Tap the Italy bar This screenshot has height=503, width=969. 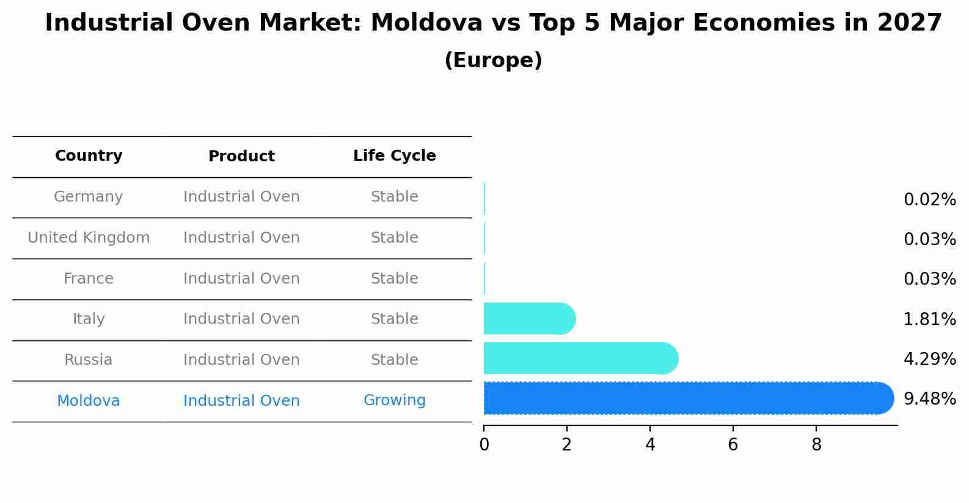point(529,318)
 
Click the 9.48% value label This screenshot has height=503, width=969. point(929,399)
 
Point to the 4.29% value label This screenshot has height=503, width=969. point(929,359)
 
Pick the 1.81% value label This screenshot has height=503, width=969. point(929,319)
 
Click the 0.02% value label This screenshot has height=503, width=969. point(929,200)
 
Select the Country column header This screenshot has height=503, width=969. point(89,156)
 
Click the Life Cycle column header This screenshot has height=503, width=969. point(394,156)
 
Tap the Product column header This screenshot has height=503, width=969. point(241,156)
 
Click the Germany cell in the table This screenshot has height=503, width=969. point(89,197)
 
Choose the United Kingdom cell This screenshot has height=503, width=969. point(89,238)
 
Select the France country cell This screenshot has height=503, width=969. point(89,279)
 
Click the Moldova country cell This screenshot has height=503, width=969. point(89,401)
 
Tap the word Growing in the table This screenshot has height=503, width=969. point(394,400)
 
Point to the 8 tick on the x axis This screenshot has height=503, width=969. point(816,445)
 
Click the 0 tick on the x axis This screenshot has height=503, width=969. point(484,445)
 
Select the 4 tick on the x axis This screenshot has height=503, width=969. point(650,445)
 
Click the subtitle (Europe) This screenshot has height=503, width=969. point(493,61)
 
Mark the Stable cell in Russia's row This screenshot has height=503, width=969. point(394,360)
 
